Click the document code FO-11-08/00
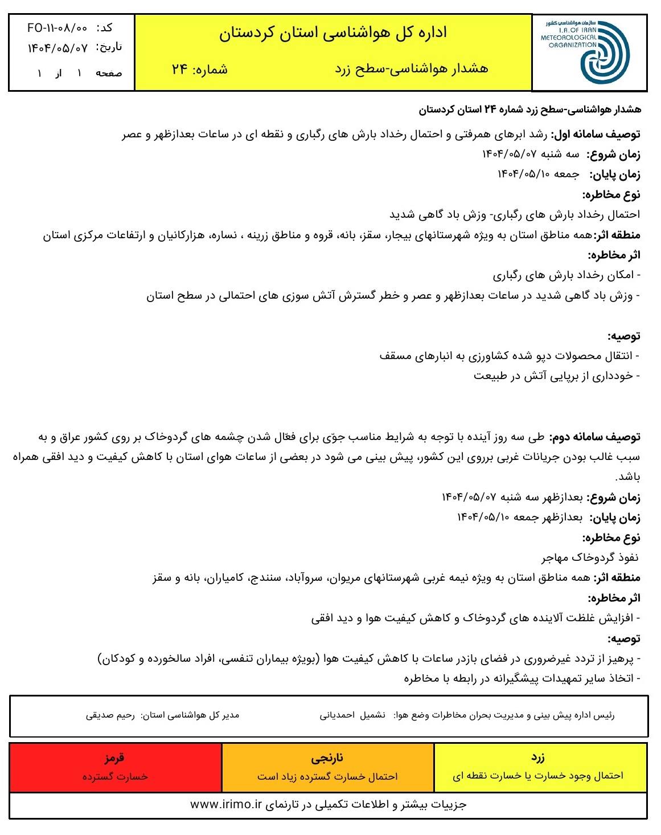pyautogui.click(x=58, y=28)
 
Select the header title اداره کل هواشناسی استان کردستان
pyautogui.click(x=333, y=33)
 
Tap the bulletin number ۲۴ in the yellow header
pyautogui.click(x=180, y=70)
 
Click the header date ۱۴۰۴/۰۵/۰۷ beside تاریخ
pyautogui.click(x=58, y=48)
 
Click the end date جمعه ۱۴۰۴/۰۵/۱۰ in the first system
pyautogui.click(x=538, y=174)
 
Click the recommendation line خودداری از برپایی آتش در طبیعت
pyautogui.click(x=553, y=376)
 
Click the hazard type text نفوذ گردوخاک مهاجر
pyautogui.click(x=589, y=557)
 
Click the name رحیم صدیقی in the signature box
pyautogui.click(x=110, y=715)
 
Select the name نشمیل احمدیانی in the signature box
pyautogui.click(x=352, y=715)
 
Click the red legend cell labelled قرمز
pyautogui.click(x=115, y=767)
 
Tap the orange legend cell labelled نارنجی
pyautogui.click(x=327, y=767)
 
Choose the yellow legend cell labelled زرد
pyautogui.click(x=538, y=767)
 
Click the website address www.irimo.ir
pyautogui.click(x=225, y=805)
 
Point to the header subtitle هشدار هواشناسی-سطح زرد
pyautogui.click(x=412, y=70)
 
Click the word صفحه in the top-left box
pyautogui.click(x=108, y=74)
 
